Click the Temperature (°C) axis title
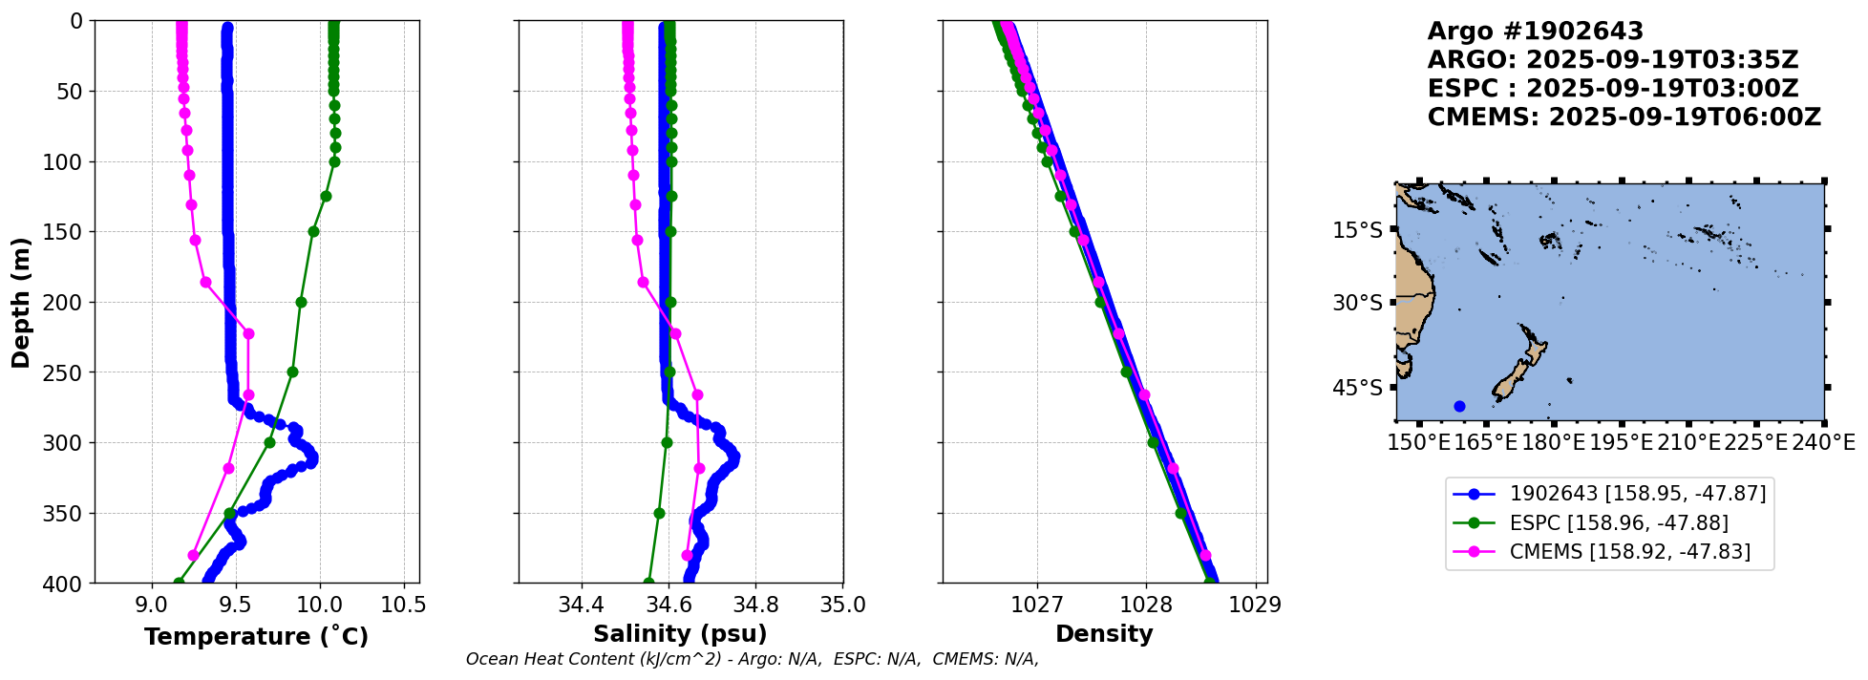pos(256,636)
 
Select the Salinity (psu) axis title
pos(680,634)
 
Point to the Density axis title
pos(1104,634)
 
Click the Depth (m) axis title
pos(21,302)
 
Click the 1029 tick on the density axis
pos(1254,605)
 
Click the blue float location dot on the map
pos(1459,406)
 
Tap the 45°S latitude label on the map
pos(1357,388)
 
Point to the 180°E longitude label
pos(1554,442)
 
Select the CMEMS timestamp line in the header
pos(1624,117)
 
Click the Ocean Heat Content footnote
pos(753,659)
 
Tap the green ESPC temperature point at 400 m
pos(179,583)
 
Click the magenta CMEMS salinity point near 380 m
pos(687,555)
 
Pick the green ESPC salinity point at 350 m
pos(659,513)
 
